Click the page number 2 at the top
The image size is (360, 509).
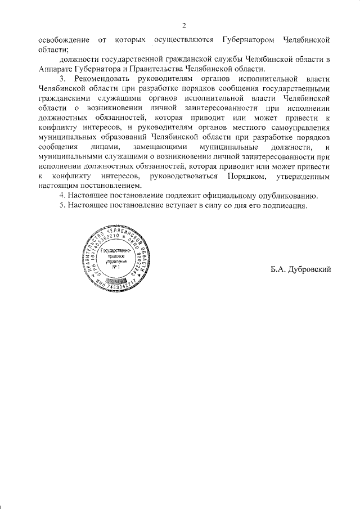coord(184,25)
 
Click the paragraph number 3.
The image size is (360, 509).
coord(64,79)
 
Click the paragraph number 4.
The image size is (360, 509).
coord(63,196)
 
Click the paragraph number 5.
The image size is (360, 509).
coord(63,206)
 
